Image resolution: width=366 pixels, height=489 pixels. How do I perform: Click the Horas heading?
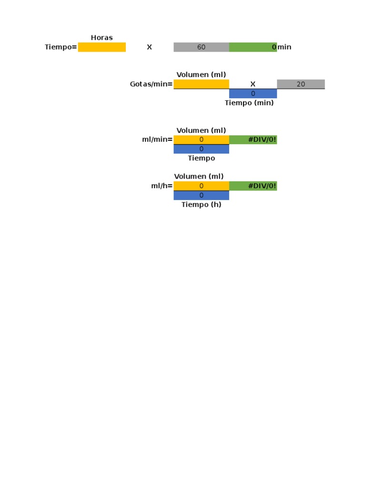coord(102,38)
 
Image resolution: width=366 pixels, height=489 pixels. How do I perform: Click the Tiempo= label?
coord(61,47)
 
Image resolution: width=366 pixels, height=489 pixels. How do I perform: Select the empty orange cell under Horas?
coord(102,47)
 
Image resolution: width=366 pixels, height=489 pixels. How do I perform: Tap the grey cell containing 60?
coord(201,47)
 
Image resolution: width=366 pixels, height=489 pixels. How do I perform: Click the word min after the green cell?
coord(285,47)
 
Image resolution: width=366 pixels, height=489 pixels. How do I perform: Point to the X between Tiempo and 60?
coord(149,47)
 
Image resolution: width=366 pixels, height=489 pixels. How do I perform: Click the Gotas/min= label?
coord(151,84)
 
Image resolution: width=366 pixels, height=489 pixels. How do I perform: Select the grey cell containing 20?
coord(301,84)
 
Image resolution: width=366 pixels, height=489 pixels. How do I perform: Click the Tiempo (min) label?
coord(249,103)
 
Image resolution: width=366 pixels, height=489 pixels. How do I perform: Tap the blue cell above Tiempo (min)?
coord(253,94)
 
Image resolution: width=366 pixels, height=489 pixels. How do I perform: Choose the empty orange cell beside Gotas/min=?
coord(201,84)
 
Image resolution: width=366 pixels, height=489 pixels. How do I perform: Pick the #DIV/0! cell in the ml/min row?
coord(253,139)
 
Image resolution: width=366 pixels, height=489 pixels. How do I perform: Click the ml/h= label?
coord(162,186)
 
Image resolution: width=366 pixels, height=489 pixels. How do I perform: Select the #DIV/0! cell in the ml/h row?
coord(253,186)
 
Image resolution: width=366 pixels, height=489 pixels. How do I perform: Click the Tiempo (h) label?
coord(201,204)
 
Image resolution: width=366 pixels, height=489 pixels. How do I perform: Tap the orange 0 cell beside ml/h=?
coord(201,186)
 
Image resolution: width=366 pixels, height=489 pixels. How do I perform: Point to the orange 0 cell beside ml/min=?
coord(201,139)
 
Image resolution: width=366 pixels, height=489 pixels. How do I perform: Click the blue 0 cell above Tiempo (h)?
coord(201,195)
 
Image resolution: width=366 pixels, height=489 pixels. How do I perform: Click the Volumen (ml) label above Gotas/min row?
coord(201,74)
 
